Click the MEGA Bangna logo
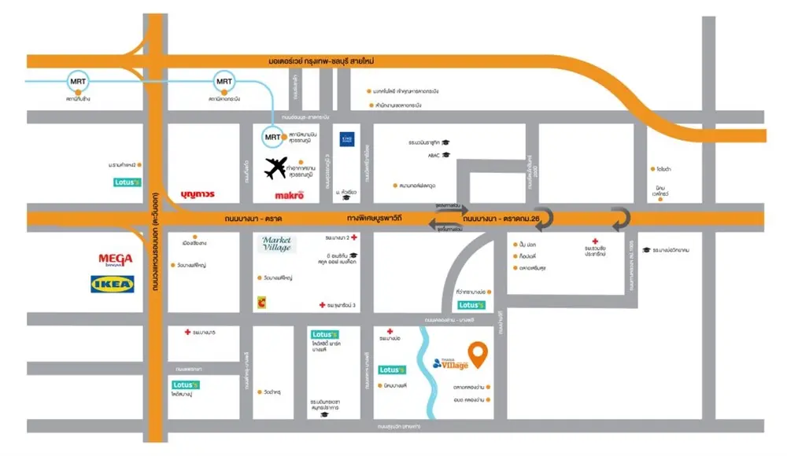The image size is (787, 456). click(x=115, y=260)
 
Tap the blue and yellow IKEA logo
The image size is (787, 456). click(x=113, y=283)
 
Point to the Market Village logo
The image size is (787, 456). click(x=276, y=244)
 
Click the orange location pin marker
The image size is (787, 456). click(x=477, y=355)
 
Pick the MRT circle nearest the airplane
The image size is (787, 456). click(x=271, y=137)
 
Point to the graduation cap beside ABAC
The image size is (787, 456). click(x=445, y=155)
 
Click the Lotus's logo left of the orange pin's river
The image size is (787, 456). click(x=391, y=370)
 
